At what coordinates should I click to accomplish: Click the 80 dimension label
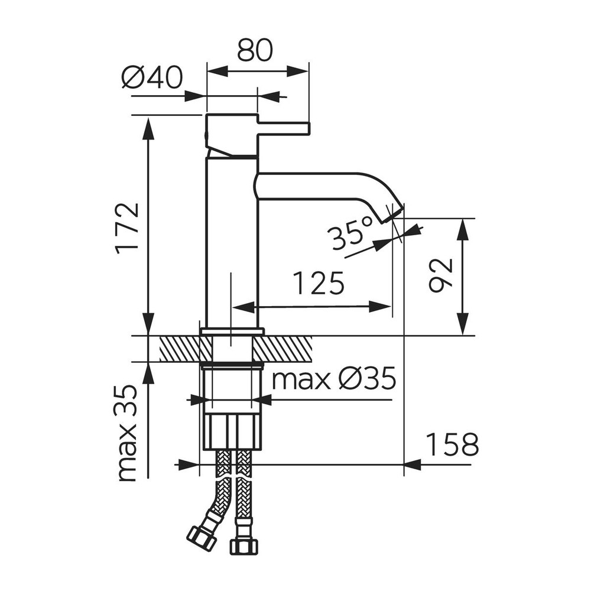(x=254, y=50)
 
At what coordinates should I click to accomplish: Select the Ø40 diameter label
(x=152, y=78)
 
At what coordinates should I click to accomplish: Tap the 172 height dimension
(x=128, y=228)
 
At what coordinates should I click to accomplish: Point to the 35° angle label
(x=349, y=235)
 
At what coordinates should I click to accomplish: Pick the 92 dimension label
(x=440, y=275)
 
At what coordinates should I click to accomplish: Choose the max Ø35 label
(x=334, y=378)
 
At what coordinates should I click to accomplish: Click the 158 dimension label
(x=452, y=444)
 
